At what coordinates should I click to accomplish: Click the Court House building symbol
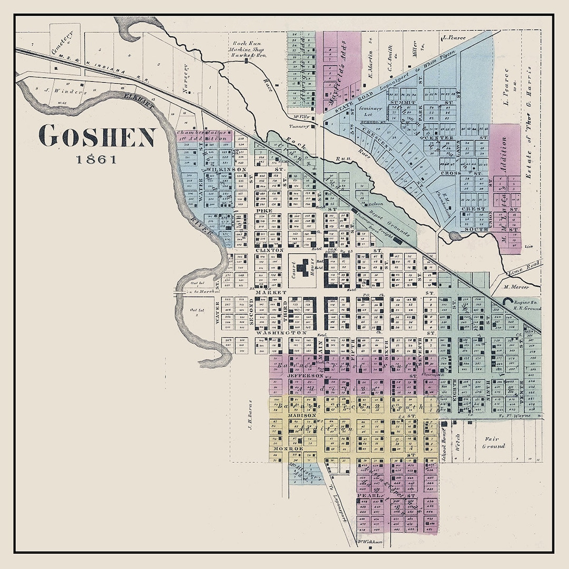(x=303, y=269)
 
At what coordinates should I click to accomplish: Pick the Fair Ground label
(x=494, y=442)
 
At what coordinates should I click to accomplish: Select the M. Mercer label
(x=515, y=287)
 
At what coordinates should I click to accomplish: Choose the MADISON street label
(x=301, y=416)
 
